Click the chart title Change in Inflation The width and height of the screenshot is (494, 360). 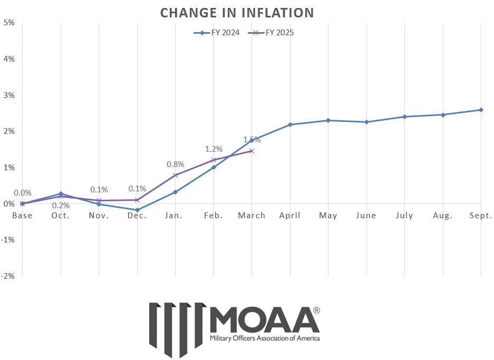click(237, 12)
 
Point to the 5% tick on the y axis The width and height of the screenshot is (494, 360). click(8, 23)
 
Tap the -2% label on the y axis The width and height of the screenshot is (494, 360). click(8, 276)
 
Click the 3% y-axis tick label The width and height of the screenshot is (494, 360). click(8, 95)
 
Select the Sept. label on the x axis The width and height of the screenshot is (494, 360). click(481, 216)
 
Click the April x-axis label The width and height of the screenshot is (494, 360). click(290, 216)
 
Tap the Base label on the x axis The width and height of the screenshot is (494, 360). click(22, 216)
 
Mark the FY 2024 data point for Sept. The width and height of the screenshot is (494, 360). click(481, 110)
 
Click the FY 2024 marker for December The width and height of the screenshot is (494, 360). click(138, 210)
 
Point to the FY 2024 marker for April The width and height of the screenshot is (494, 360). click(290, 124)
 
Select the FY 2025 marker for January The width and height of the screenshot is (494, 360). click(176, 175)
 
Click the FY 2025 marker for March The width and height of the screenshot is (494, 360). click(251, 151)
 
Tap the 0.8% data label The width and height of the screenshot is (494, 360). click(176, 164)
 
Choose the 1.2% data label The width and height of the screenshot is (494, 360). click(214, 149)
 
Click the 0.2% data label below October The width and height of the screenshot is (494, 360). click(61, 206)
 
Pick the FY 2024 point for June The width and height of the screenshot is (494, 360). click(366, 122)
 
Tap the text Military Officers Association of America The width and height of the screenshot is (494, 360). click(264, 338)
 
